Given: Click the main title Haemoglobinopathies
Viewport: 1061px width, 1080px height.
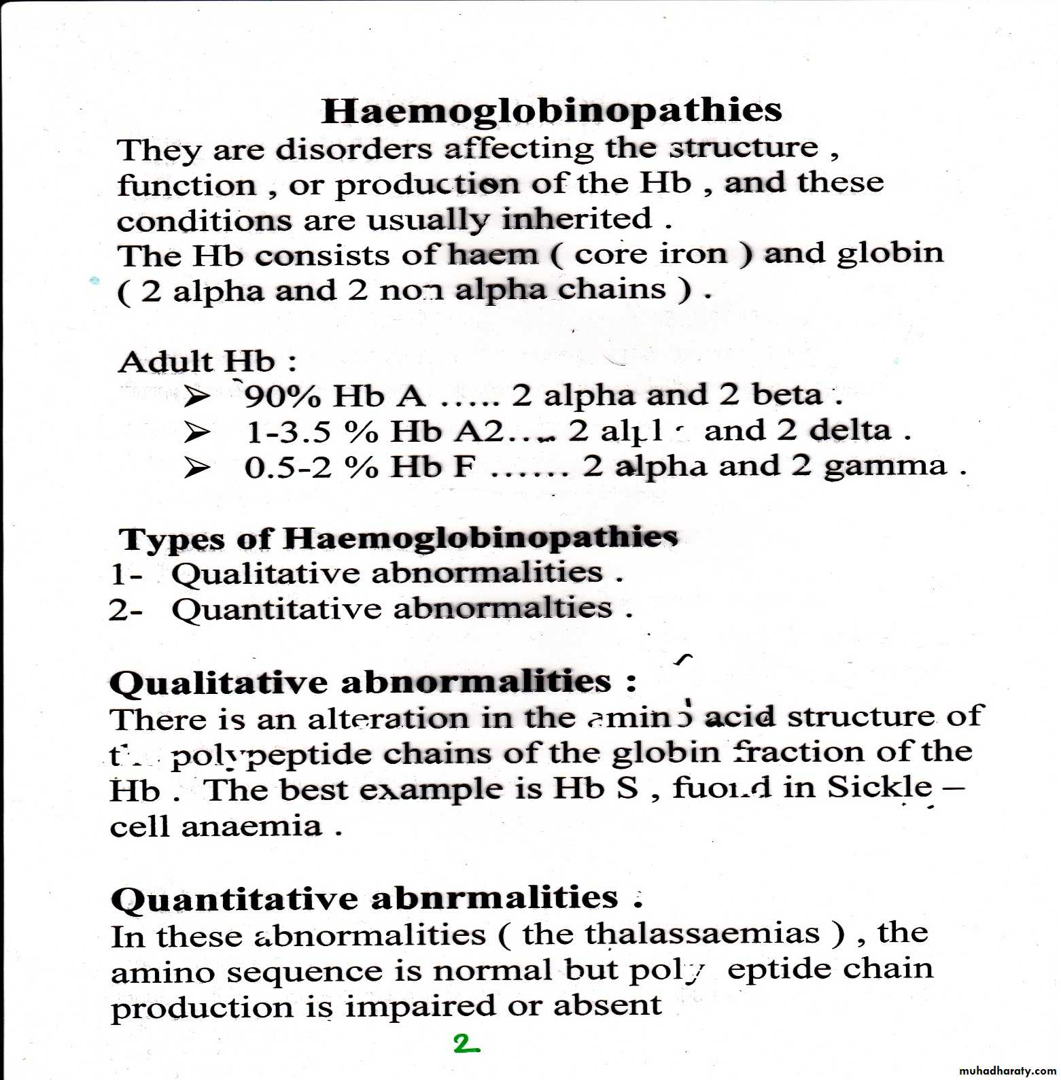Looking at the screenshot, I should pyautogui.click(x=551, y=111).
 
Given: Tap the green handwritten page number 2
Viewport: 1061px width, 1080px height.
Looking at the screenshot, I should pyautogui.click(x=466, y=1044).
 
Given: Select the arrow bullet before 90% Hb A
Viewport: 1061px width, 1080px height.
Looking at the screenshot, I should pyautogui.click(x=196, y=396).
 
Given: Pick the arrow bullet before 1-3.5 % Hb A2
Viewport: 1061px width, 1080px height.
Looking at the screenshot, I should pyautogui.click(x=196, y=432).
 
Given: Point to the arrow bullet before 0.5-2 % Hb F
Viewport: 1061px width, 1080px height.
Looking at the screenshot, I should pyautogui.click(x=196, y=468).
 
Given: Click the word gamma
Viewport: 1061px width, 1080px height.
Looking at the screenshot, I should pyautogui.click(x=885, y=466).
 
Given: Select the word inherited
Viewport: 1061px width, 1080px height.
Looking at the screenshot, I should pyautogui.click(x=577, y=219).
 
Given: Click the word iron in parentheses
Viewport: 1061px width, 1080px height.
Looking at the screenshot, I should pyautogui.click(x=693, y=254).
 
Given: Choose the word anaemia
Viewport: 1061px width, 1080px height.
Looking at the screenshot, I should pyautogui.click(x=251, y=826).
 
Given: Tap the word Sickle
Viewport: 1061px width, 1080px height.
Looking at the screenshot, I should pyautogui.click(x=880, y=788).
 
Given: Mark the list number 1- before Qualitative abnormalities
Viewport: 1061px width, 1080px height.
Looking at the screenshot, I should pyautogui.click(x=126, y=574).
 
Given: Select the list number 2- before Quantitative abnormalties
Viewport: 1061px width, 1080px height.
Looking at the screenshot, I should pyautogui.click(x=126, y=610).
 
